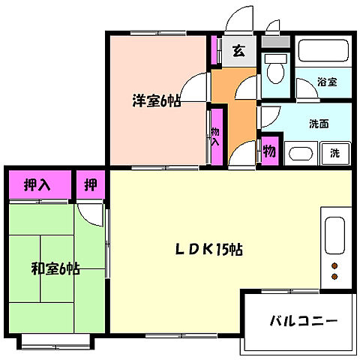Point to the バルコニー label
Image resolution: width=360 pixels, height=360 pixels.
click(x=303, y=321)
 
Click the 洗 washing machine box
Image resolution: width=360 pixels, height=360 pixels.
click(x=334, y=153)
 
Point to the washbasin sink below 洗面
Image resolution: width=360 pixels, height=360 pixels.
click(x=300, y=154)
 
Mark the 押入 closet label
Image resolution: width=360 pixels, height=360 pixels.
click(x=37, y=185)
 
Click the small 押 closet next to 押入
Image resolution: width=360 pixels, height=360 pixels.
click(x=90, y=185)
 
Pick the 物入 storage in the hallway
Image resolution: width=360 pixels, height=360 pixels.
click(x=216, y=135)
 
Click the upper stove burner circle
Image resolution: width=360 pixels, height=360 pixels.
click(x=334, y=266)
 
